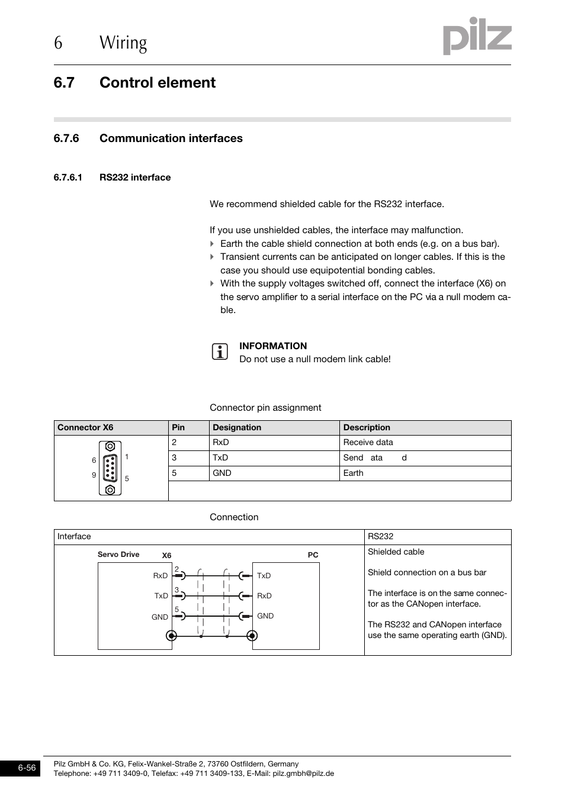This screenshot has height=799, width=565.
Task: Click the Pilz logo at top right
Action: pos(477,36)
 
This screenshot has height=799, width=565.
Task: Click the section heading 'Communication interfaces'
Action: pos(171,138)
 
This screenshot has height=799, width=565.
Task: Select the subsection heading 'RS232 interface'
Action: pos(134,178)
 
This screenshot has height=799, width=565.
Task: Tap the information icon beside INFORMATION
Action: pos(220,352)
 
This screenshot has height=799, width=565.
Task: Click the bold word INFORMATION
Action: pos(273,346)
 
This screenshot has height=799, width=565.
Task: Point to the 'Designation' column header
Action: pos(237,427)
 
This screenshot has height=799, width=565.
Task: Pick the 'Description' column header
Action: pos(367,427)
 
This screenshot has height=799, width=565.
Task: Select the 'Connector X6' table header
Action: pos(85,427)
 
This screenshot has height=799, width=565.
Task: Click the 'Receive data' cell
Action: pos(368,443)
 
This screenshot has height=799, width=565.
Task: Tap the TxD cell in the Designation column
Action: pos(220,458)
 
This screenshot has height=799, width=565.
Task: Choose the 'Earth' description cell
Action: pos(354,473)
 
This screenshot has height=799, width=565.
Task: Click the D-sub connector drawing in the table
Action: pos(110,468)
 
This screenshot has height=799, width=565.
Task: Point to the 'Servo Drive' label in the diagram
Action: pos(118,555)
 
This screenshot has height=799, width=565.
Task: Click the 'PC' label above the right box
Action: pos(313,555)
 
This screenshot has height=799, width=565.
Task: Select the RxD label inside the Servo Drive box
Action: pos(160,575)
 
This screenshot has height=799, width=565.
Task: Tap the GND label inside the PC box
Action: pos(265,616)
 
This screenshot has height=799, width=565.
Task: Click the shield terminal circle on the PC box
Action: pos(252,636)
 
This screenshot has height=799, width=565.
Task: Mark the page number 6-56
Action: pos(27,768)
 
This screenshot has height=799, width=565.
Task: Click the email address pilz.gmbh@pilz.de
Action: pos(303,774)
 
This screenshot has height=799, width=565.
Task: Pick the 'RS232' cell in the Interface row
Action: pos(380,537)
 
